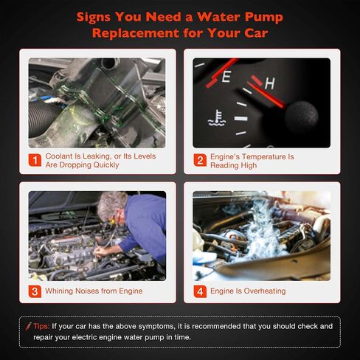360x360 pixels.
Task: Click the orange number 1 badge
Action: pyautogui.click(x=35, y=160)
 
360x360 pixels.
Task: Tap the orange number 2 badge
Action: pyautogui.click(x=200, y=160)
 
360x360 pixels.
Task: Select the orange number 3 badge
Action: pyautogui.click(x=35, y=291)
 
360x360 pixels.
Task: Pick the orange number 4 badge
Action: pyautogui.click(x=200, y=291)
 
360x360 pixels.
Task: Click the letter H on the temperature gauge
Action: pyautogui.click(x=270, y=83)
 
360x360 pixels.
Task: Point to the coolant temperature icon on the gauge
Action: pyautogui.click(x=216, y=118)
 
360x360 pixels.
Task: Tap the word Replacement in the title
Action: pyautogui.click(x=136, y=33)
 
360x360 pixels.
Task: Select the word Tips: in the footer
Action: pyautogui.click(x=41, y=326)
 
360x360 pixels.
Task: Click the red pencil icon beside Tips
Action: pyautogui.click(x=28, y=326)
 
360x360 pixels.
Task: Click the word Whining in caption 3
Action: pyautogui.click(x=59, y=291)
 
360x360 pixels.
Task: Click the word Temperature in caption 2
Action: pyautogui.click(x=263, y=156)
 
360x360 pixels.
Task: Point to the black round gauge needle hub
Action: pyautogui.click(x=301, y=117)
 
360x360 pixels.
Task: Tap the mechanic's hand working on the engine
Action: pyautogui.click(x=101, y=252)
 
